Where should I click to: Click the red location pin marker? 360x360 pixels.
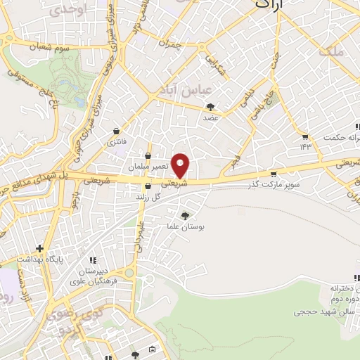[181, 165]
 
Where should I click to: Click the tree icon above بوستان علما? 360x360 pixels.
[184, 216]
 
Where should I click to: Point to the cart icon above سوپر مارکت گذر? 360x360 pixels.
[273, 174]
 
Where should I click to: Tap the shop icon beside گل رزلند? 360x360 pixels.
[148, 186]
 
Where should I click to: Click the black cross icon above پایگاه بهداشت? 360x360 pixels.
[40, 248]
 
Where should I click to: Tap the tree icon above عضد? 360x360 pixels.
[210, 107]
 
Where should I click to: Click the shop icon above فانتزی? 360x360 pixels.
[117, 131]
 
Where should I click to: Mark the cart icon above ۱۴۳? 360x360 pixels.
[304, 136]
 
